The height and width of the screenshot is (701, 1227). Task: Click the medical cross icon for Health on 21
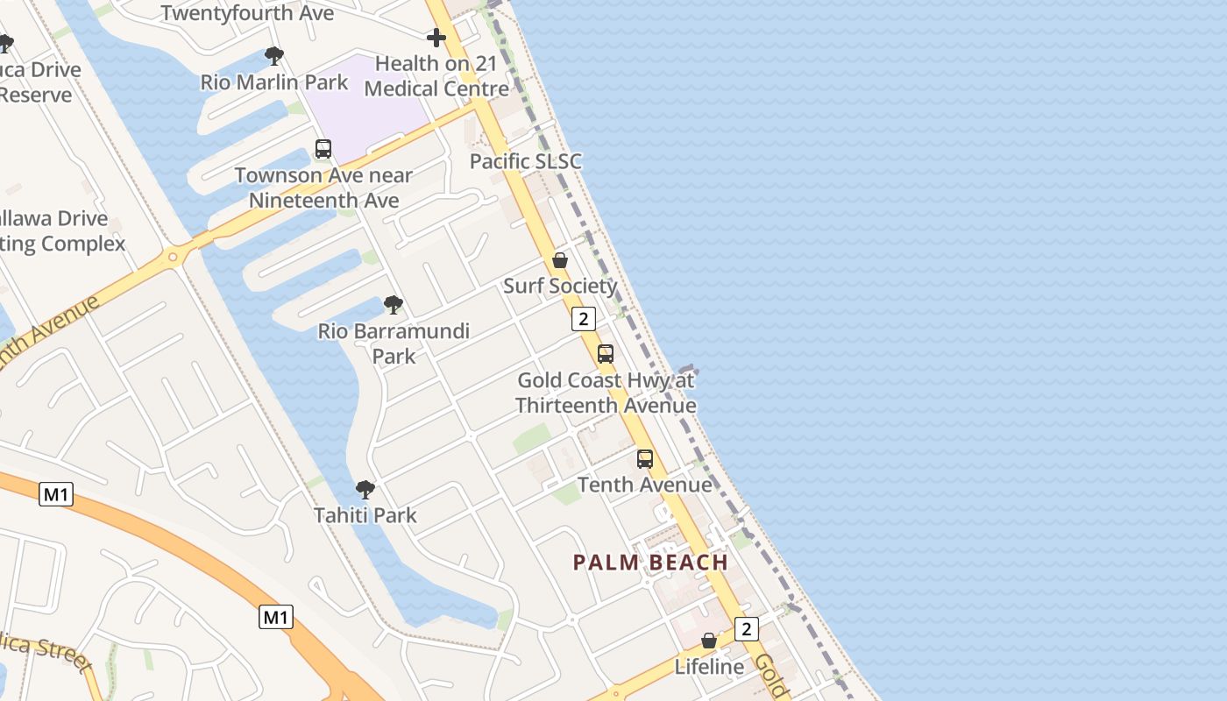coord(436,38)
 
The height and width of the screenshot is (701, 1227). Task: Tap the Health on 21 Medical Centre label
coord(436,76)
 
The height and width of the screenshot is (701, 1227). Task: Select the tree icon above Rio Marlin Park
coord(274,57)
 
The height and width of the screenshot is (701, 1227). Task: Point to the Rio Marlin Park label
coord(274,82)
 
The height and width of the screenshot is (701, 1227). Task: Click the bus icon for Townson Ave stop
coord(323,149)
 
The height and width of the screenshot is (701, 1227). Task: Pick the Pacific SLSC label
coord(525,161)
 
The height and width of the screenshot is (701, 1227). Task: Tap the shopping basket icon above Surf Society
coord(560,260)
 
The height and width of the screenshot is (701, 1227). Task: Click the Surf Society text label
coord(560,286)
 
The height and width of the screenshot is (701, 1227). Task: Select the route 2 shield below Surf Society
coord(584,319)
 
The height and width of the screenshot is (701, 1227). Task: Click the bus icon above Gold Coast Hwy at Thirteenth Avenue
coord(606,354)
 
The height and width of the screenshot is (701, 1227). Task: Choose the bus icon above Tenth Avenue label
coord(645,459)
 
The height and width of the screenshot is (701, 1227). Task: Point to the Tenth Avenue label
coord(645,485)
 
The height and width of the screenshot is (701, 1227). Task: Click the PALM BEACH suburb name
coord(651,563)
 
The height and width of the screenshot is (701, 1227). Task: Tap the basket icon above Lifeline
coord(709,641)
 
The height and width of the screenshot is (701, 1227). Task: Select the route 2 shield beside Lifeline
coord(747,628)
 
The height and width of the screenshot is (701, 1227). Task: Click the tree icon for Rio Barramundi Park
coord(394,305)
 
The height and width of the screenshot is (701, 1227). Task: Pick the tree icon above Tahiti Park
coord(365,490)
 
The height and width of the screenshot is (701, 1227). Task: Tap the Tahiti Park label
coord(365,515)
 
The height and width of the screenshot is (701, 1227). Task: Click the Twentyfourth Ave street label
coord(247,13)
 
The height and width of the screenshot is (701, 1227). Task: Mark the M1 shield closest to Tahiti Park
coord(276,617)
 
